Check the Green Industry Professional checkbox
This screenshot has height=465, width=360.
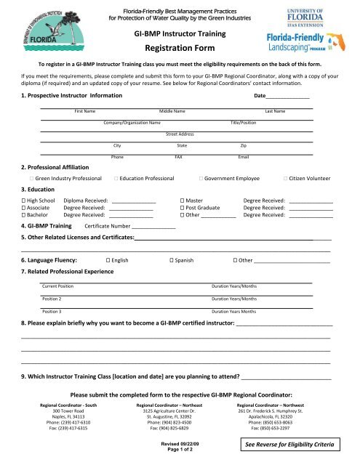(33, 177)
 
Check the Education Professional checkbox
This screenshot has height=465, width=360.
(117, 177)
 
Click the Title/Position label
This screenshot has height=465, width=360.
(243, 123)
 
